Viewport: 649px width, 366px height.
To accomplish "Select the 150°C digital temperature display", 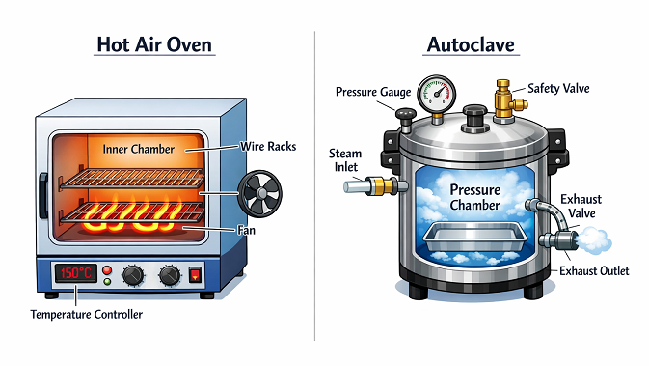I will (x=73, y=272).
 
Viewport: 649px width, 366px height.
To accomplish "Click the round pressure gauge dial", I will (x=436, y=93).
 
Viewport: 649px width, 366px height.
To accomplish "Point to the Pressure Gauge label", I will (x=373, y=92).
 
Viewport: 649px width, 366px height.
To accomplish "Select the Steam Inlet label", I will (x=346, y=158).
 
